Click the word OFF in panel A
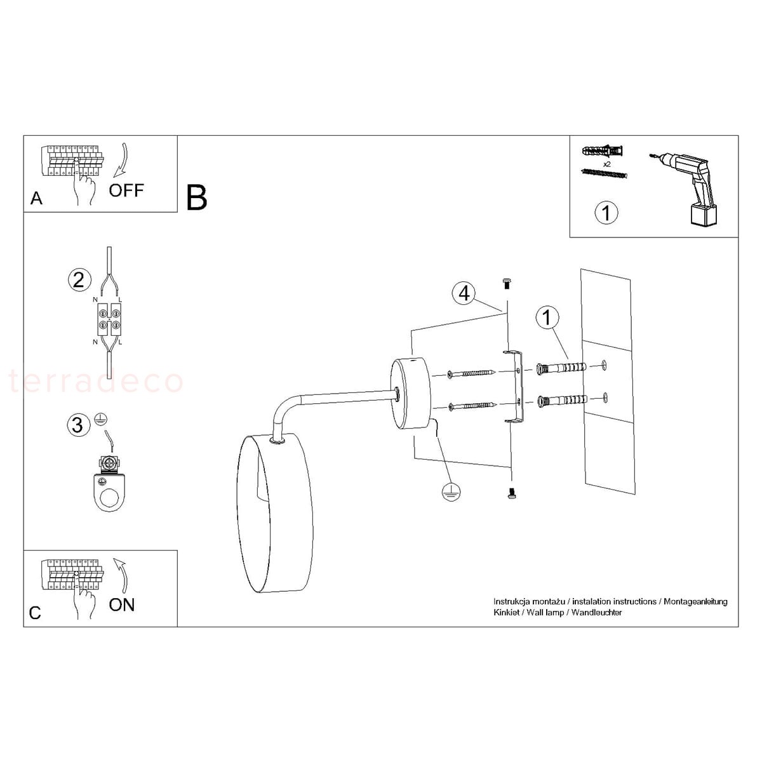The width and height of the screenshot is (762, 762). point(126,190)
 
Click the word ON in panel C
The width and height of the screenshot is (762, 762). point(122,605)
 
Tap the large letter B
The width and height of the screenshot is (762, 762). point(196,197)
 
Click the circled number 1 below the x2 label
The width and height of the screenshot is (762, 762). point(606,213)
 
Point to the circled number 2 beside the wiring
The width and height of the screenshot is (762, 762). point(79,280)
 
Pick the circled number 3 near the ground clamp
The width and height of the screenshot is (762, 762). point(78,425)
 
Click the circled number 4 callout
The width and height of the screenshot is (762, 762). point(464,294)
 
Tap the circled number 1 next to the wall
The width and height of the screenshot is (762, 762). point(547,317)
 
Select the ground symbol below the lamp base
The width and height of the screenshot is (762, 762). point(451,492)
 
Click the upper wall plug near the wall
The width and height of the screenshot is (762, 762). point(561,368)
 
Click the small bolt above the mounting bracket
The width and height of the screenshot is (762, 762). point(507,284)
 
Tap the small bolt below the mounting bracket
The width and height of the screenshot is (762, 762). point(512,493)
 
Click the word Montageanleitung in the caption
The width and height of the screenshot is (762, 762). point(695,602)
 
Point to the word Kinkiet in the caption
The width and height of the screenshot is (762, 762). point(507,613)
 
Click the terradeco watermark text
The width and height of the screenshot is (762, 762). point(96,382)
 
